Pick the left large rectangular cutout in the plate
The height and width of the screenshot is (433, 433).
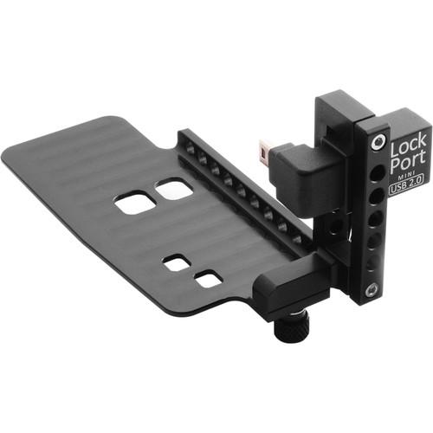pos(135,204)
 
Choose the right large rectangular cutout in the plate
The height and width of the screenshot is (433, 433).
pos(174,190)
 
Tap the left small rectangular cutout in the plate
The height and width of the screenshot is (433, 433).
pos(177,263)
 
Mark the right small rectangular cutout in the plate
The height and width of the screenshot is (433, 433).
pos(208,279)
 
